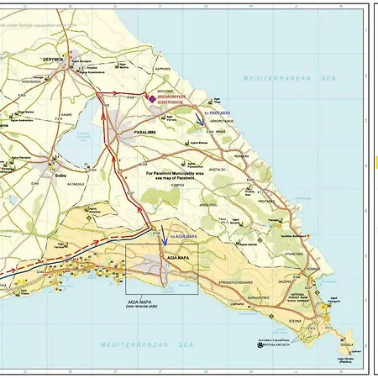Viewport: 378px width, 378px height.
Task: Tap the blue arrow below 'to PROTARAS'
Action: [198, 122]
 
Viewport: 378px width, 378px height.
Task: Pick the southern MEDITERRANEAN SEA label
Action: [148, 344]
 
